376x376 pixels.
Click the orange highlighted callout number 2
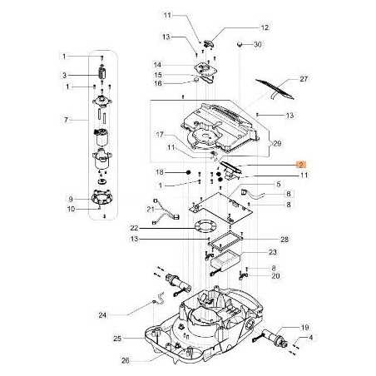[x=302, y=165]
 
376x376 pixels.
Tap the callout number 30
[x=258, y=44]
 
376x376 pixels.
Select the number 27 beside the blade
[x=304, y=79]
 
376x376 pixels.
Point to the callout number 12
[x=242, y=27]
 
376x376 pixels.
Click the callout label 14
[x=157, y=65]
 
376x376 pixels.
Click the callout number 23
[x=273, y=252]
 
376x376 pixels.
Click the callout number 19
[x=305, y=328]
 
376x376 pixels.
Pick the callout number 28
[x=284, y=240]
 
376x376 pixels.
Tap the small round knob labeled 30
[x=239, y=42]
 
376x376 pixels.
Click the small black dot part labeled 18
[x=190, y=172]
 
